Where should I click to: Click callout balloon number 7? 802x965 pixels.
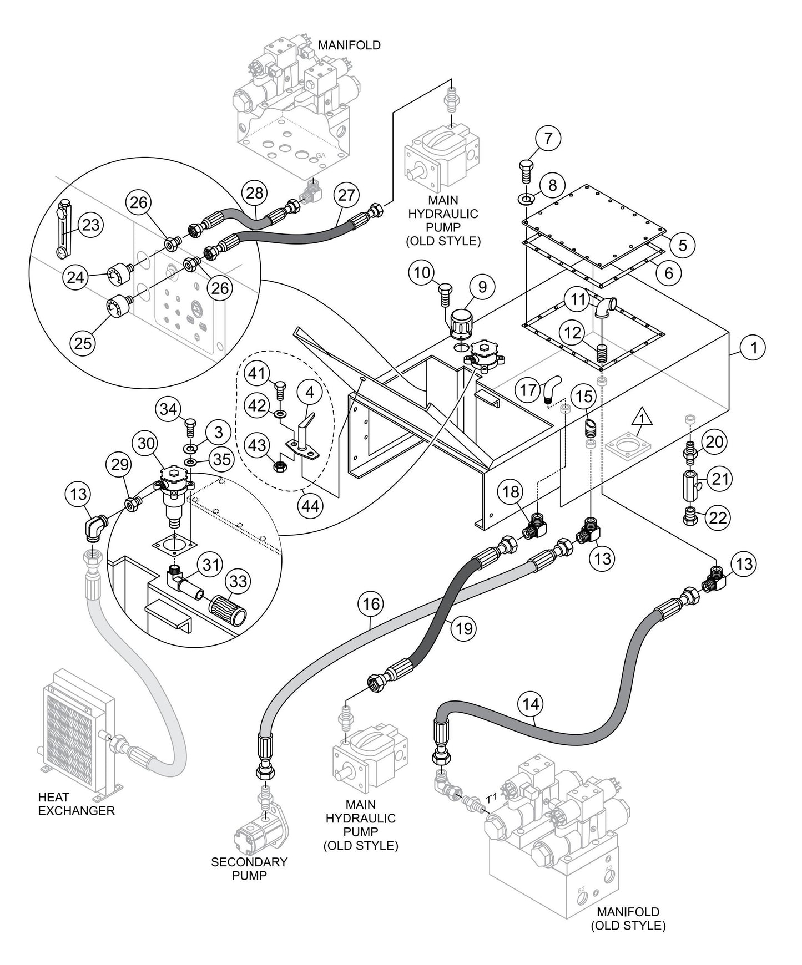point(548,139)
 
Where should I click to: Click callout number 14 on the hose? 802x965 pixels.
point(531,704)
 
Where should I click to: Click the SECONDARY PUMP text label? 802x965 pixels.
point(249,868)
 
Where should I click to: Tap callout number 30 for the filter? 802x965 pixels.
point(146,444)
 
